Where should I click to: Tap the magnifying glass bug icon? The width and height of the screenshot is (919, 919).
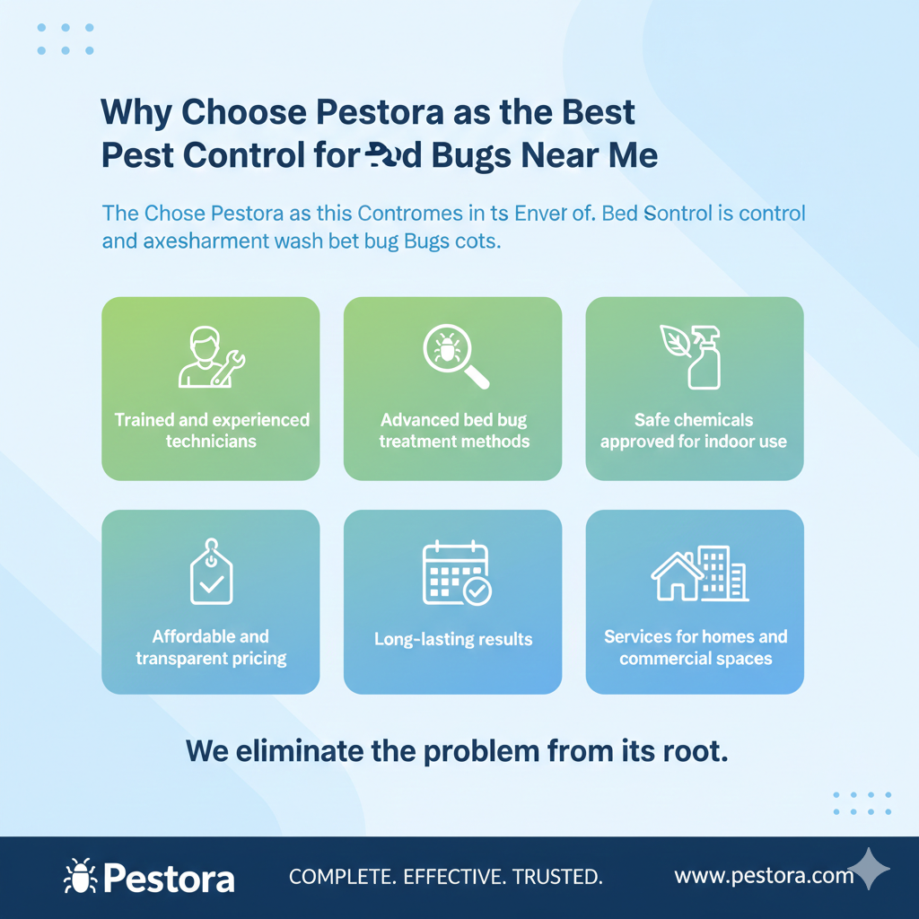453,357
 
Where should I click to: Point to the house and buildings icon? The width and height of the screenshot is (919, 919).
699,573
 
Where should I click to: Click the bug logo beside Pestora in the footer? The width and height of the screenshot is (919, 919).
81,876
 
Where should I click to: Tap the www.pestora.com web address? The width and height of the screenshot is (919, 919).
763,875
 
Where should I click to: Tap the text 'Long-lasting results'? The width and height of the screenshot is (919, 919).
453,640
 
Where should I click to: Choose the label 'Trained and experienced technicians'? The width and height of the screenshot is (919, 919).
211,431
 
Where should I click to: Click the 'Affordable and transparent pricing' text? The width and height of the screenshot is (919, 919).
211,647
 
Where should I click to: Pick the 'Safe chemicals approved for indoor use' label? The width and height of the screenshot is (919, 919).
694,431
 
